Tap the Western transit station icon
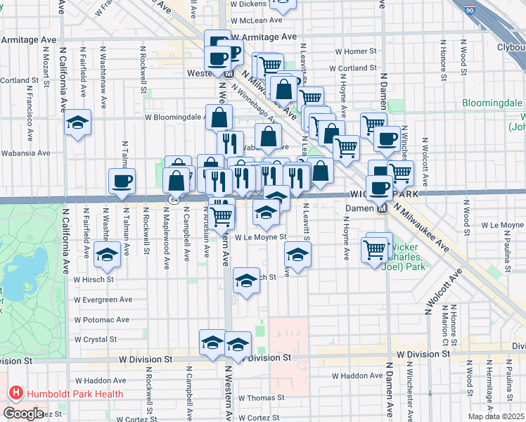[229, 73]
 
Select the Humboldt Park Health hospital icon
[14, 394]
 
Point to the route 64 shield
[173, 200]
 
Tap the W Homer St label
[357, 52]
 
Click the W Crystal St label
[100, 339]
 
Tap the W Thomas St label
[261, 397]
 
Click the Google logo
[23, 414]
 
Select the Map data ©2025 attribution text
[495, 416]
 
